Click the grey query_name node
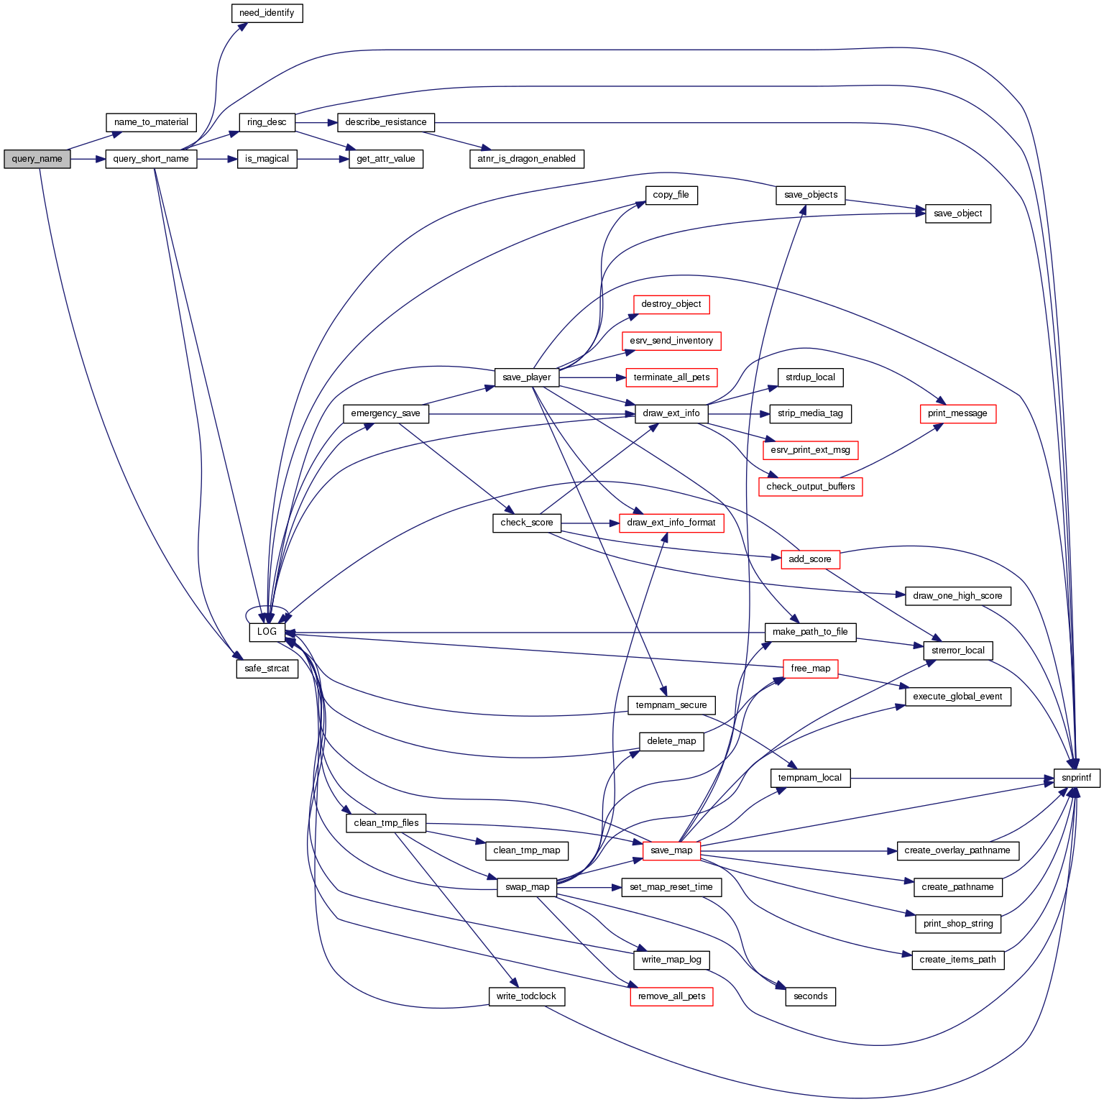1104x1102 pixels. [x=37, y=159]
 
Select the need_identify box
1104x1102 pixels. [x=267, y=13]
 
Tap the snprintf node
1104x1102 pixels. [x=1076, y=778]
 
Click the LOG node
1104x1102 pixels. [x=267, y=632]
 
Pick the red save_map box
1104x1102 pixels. [x=671, y=850]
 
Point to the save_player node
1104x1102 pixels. [x=527, y=377]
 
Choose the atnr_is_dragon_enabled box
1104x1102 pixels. [x=526, y=159]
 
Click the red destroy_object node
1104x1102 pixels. [x=671, y=304]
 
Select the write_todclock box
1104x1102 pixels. [x=526, y=996]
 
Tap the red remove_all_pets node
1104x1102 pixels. [x=671, y=996]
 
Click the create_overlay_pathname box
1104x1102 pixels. [x=957, y=850]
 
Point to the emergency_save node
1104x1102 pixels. [x=385, y=413]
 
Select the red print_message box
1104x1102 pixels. [x=957, y=413]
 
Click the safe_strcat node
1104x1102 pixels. [x=267, y=669]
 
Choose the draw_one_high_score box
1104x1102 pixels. [x=957, y=596]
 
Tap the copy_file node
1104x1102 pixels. [x=671, y=195]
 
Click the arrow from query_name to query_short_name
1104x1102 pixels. [x=88, y=159]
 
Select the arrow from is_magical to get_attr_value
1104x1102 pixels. [x=323, y=159]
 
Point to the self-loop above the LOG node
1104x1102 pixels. [x=267, y=609]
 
